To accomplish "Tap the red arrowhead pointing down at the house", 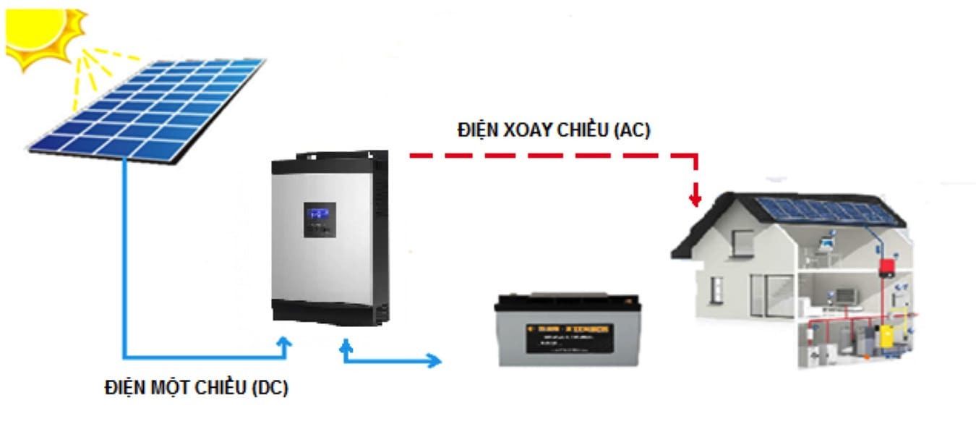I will click(x=695, y=197).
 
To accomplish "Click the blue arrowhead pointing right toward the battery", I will click(x=434, y=360).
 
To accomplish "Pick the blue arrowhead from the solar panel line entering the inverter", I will click(x=286, y=343).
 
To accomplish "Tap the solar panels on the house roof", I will click(x=823, y=210).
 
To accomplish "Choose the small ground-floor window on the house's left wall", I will click(x=716, y=289).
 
